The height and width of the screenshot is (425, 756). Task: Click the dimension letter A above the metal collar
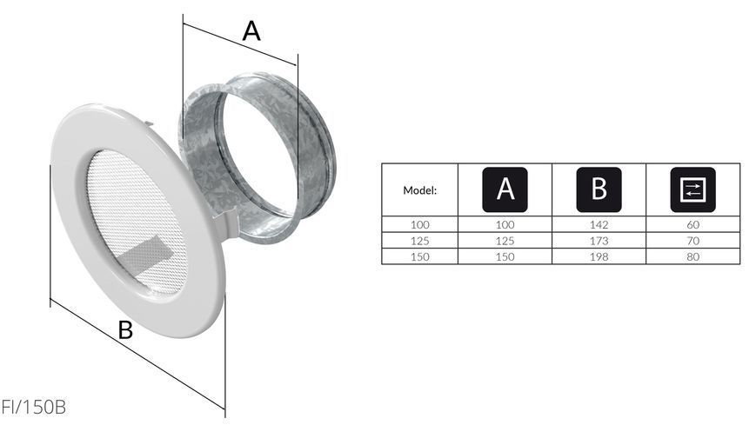[x=251, y=31]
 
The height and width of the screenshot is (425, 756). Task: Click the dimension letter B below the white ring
[x=125, y=330]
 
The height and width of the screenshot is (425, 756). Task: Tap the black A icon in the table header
[x=505, y=189]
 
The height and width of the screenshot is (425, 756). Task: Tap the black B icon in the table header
[x=599, y=189]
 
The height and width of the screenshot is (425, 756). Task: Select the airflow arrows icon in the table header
[x=692, y=189]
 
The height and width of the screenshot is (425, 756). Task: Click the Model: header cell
[x=419, y=190]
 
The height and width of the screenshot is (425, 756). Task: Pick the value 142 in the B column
[x=599, y=224]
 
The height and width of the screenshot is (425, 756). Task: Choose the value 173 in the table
[x=599, y=241]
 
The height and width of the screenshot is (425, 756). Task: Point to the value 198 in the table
[x=599, y=256]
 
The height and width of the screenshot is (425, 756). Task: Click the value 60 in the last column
[x=692, y=224]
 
